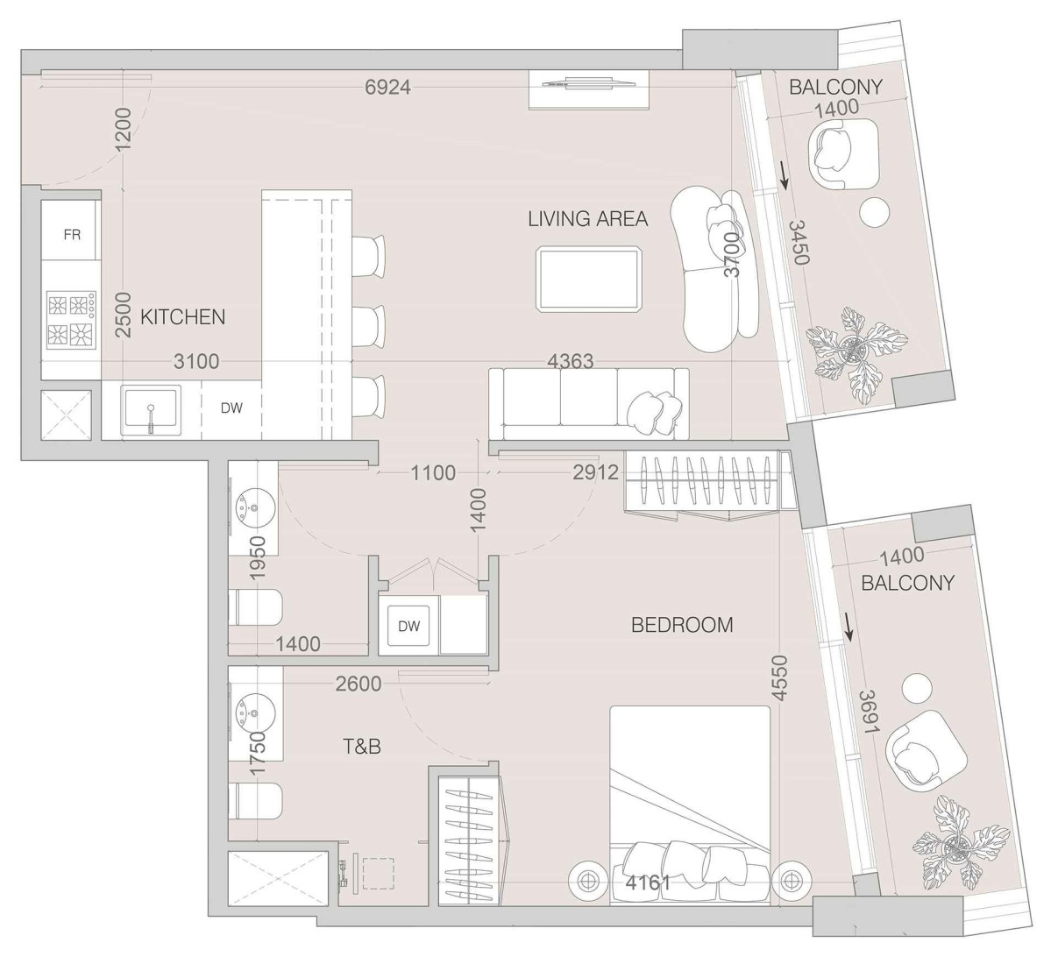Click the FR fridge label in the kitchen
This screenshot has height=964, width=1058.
pyautogui.click(x=72, y=234)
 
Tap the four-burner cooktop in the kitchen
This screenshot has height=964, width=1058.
pyautogui.click(x=70, y=320)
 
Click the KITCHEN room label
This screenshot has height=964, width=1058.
pyautogui.click(x=183, y=317)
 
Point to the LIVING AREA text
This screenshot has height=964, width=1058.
pyautogui.click(x=587, y=218)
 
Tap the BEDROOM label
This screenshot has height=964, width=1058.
pyautogui.click(x=682, y=625)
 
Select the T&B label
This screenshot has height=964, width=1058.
pyautogui.click(x=361, y=747)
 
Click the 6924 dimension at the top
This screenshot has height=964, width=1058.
pyautogui.click(x=387, y=87)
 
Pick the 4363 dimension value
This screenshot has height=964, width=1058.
pyautogui.click(x=570, y=361)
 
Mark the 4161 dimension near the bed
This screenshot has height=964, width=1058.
pyautogui.click(x=649, y=883)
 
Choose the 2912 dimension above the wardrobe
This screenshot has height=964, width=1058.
pyautogui.click(x=595, y=473)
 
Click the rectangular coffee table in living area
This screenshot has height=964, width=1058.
pyautogui.click(x=588, y=279)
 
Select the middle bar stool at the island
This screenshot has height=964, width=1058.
pyautogui.click(x=368, y=326)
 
